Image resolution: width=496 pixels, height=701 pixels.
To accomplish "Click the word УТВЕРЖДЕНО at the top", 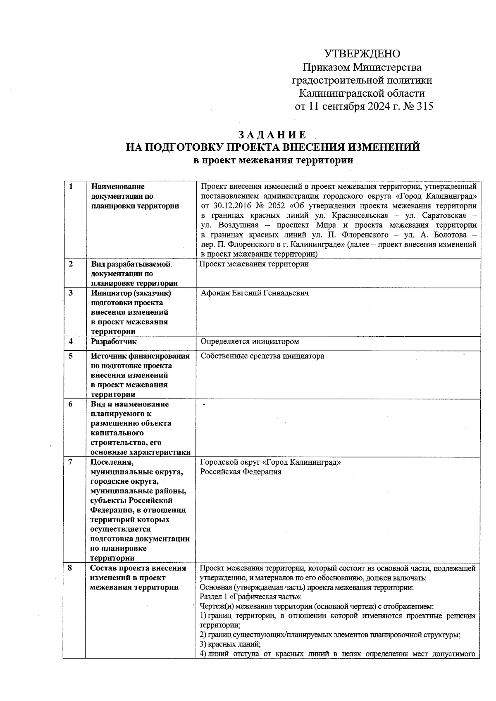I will click(362, 54).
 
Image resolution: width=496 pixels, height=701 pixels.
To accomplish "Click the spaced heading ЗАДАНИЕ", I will click(272, 135).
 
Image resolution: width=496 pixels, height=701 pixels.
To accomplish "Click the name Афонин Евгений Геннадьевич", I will click(255, 293).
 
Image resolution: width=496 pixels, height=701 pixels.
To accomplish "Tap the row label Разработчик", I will click(114, 342).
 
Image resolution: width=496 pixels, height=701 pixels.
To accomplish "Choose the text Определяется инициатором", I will click(250, 342).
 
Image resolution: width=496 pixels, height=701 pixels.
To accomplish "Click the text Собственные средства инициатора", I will click(262, 356).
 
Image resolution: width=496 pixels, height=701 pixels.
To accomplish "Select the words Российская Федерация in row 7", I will click(241, 472).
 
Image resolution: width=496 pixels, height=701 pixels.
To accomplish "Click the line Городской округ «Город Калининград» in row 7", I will click(270, 462).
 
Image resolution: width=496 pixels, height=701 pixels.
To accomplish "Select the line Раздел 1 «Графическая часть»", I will click(251, 597).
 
